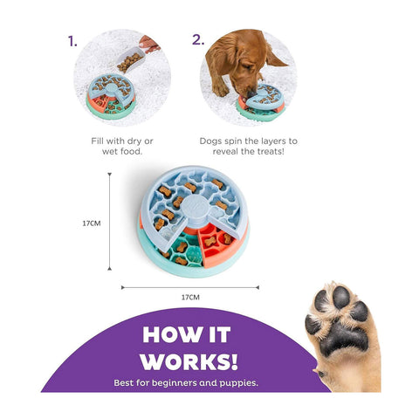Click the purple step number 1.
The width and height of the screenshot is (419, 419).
[x=72, y=41]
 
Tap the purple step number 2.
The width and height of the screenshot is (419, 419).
[x=198, y=40]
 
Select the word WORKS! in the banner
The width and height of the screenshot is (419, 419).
[x=189, y=361]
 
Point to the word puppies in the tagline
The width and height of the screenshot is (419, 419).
[x=238, y=383]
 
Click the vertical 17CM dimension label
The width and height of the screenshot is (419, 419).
[x=92, y=223]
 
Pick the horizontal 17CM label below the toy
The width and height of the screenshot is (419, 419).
[x=190, y=298]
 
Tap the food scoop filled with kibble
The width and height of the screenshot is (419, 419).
[x=131, y=60]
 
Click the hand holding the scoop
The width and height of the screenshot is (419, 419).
[x=148, y=45]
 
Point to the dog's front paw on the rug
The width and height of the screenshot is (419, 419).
[x=220, y=88]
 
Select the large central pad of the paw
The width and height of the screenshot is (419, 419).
[x=344, y=339]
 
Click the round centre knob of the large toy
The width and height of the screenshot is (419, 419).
[x=196, y=203]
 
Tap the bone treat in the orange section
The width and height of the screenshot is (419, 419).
[x=210, y=241]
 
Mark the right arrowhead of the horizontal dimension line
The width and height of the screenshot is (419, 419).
[x=258, y=287]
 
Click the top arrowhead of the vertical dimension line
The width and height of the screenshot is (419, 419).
[x=109, y=175]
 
